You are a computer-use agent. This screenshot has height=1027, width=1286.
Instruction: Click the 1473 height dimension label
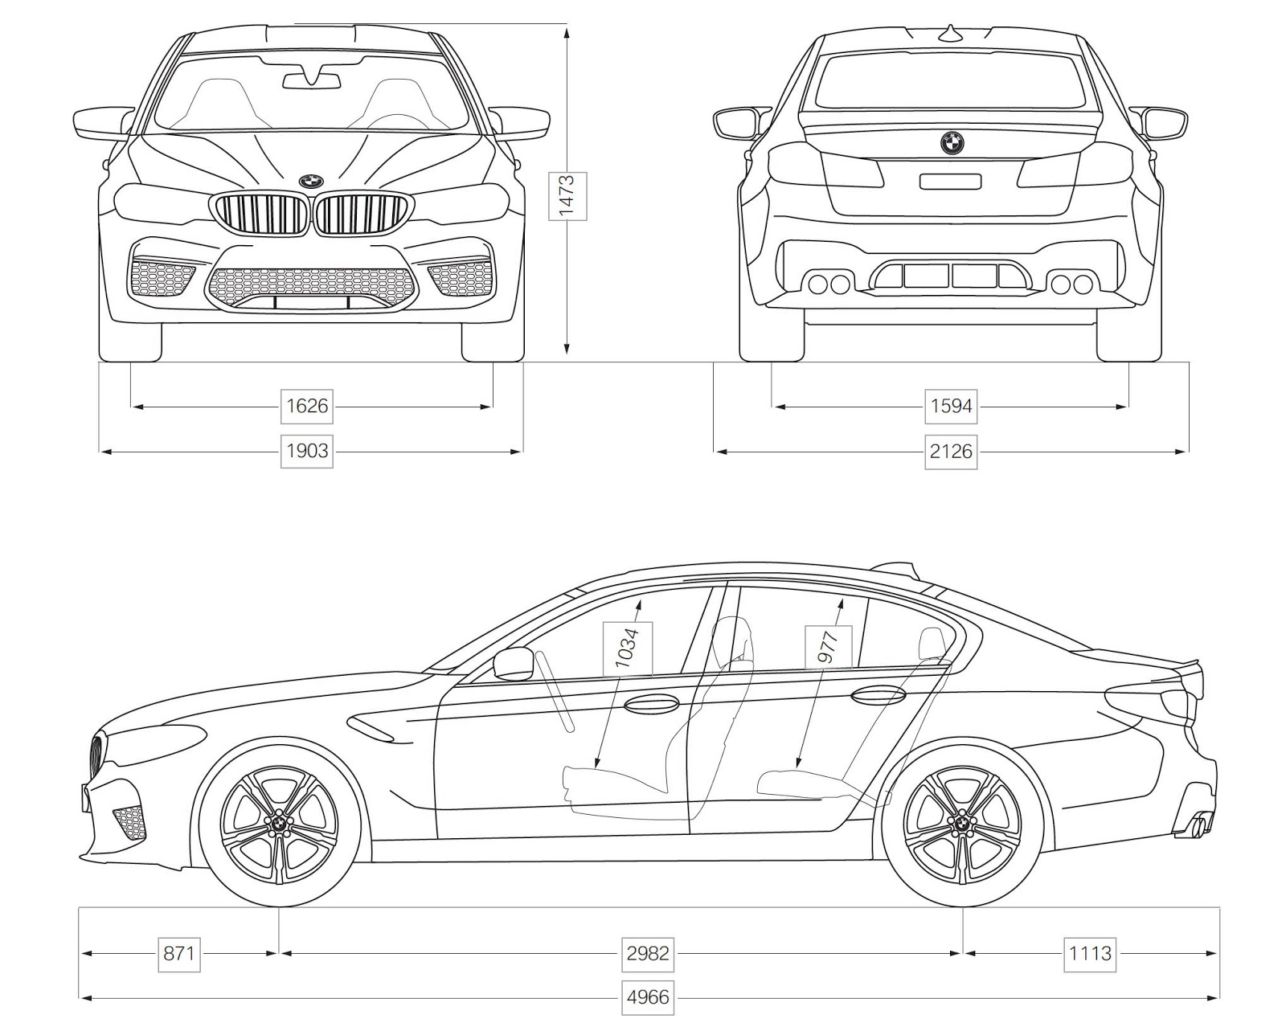pyautogui.click(x=567, y=195)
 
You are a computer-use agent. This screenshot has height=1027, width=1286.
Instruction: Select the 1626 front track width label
pyautogui.click(x=307, y=406)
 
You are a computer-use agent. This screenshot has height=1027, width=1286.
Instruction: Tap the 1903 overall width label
pyautogui.click(x=307, y=451)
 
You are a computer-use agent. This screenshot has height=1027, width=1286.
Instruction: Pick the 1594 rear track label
pyautogui.click(x=951, y=406)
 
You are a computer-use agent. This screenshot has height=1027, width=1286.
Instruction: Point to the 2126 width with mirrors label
pyautogui.click(x=951, y=451)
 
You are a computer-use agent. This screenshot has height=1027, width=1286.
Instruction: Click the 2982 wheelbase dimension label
pyautogui.click(x=647, y=953)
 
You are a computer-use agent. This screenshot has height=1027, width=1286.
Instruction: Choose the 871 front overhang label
pyautogui.click(x=178, y=953)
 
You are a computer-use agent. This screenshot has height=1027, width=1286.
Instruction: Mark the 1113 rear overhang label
pyautogui.click(x=1090, y=953)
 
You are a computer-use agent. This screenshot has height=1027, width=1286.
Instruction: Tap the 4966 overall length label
pyautogui.click(x=647, y=998)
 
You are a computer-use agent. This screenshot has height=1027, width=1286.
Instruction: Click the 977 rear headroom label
pyautogui.click(x=828, y=646)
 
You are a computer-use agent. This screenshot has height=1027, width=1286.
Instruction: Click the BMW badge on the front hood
pyautogui.click(x=310, y=182)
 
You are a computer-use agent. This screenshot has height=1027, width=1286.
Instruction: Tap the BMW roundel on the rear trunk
pyautogui.click(x=952, y=143)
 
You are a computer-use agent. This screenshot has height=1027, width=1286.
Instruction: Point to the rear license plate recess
pyautogui.click(x=950, y=182)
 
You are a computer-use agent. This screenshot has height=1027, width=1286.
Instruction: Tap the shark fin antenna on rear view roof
pyautogui.click(x=952, y=33)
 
